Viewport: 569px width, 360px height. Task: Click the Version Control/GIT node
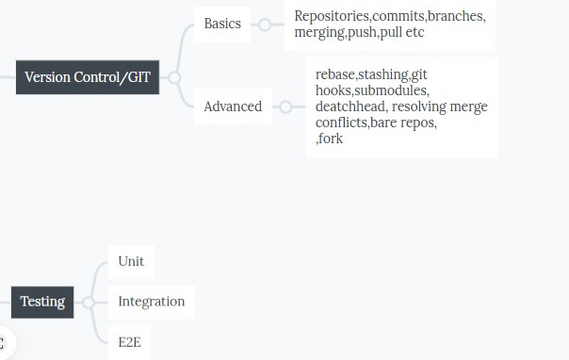[x=87, y=77]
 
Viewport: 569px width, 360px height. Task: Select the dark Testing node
[x=42, y=302]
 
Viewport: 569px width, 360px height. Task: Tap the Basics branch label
[x=222, y=24]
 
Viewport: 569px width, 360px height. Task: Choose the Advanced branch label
[x=233, y=106]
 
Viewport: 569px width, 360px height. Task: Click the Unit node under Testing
[x=131, y=261]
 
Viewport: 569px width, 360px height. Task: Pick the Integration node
[x=151, y=302]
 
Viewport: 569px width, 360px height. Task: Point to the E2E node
[x=130, y=342]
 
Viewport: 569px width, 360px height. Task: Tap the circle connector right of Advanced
[x=285, y=106]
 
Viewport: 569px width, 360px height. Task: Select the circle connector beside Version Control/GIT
[x=174, y=77]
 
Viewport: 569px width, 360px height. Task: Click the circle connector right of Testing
[x=88, y=303]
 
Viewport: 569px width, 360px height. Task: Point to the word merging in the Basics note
[x=320, y=33]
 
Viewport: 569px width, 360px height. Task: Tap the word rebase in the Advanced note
[x=335, y=74]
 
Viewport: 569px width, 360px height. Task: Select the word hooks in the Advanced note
[x=334, y=90]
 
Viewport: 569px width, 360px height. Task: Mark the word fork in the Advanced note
[x=331, y=139]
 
